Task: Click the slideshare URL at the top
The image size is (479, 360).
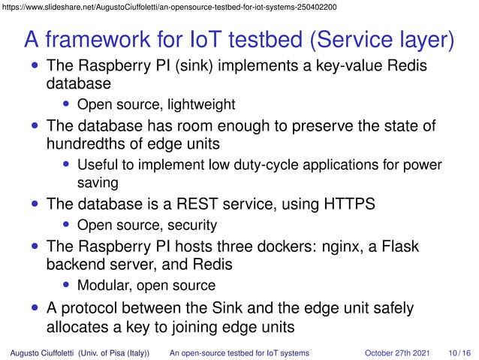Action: [x=169, y=7]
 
